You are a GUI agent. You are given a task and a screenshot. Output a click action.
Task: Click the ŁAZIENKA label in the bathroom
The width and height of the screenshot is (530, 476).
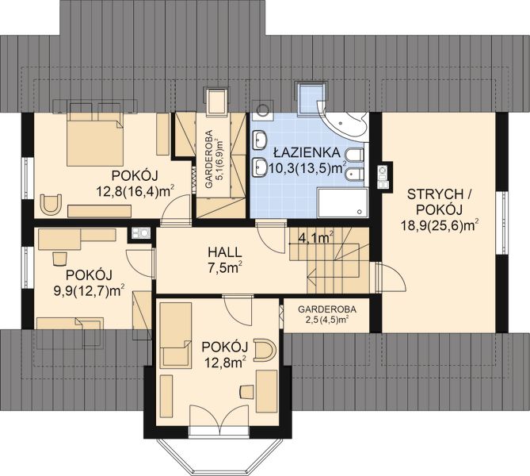click(x=307, y=152)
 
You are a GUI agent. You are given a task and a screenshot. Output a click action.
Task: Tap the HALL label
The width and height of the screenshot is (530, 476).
click(x=225, y=252)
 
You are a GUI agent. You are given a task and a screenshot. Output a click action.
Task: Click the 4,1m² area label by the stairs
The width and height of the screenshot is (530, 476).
click(x=316, y=238)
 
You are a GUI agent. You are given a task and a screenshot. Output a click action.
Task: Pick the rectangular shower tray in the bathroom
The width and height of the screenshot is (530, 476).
click(x=342, y=203)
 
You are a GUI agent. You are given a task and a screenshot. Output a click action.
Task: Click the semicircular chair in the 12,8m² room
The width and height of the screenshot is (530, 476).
click(x=265, y=349)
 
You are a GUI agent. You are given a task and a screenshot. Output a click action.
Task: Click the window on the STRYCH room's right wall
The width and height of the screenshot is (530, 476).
click(x=501, y=223)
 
